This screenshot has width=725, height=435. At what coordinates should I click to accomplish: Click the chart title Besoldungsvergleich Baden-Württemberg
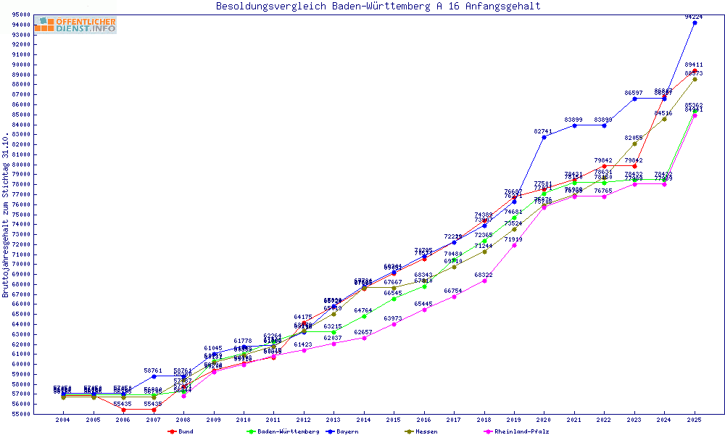point(378,7)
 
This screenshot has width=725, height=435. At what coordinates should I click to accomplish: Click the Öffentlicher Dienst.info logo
point(75,25)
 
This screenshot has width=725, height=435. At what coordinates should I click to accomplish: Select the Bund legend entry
point(181,431)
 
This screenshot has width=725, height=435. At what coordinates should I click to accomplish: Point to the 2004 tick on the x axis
point(63,419)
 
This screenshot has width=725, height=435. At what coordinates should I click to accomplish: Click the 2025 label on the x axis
point(695,419)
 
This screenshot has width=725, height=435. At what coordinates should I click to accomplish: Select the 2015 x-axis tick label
point(394,419)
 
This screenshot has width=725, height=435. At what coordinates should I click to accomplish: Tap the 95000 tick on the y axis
point(21,14)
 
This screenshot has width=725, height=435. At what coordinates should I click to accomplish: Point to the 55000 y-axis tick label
point(21,414)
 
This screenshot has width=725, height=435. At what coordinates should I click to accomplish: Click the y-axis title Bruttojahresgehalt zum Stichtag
point(6,215)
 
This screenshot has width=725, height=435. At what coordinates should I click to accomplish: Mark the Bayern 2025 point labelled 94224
point(695,22)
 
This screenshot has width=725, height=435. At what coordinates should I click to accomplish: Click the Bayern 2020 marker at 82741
point(544,137)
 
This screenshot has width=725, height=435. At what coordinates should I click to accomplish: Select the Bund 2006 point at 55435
point(123,410)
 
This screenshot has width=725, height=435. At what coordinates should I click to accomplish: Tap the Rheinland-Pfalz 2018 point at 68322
point(484,281)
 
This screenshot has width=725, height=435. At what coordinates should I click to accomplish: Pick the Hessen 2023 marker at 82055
point(634,144)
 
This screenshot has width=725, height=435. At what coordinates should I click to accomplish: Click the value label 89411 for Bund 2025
point(694,65)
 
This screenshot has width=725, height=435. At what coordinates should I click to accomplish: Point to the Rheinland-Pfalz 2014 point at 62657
point(364,338)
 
